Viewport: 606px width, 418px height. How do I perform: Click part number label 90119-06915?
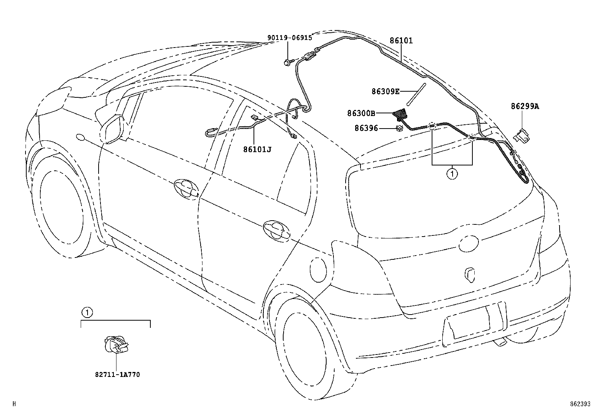pos(289,38)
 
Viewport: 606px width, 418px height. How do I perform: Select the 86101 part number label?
pos(401,40)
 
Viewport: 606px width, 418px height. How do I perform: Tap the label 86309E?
pos(386,91)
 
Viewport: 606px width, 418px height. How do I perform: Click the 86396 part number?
pos(366,129)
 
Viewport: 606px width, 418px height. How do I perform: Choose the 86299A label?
pos(525,106)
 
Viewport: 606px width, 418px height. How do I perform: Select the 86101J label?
pos(257,149)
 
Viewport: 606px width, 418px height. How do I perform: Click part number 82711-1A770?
pos(117,375)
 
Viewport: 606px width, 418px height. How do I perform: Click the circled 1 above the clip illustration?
pos(87,313)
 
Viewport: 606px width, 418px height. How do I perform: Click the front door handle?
pos(186,188)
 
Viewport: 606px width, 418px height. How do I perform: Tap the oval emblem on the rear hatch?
pos(468,243)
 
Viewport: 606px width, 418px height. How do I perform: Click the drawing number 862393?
pos(580,404)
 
